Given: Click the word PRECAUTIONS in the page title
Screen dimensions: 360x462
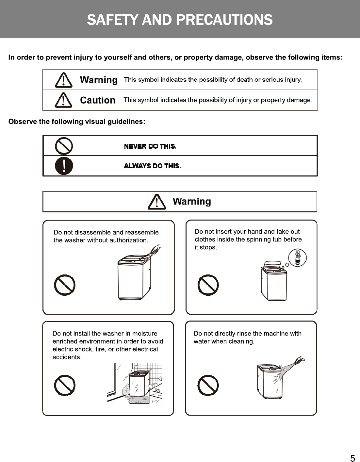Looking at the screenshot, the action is pyautogui.click(x=224, y=20).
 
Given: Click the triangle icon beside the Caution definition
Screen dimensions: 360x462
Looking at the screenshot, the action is pyautogui.click(x=63, y=100).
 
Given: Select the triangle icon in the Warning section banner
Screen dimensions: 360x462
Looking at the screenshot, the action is pyautogui.click(x=157, y=202).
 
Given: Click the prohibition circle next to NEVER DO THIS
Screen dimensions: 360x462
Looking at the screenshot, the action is pyautogui.click(x=64, y=146).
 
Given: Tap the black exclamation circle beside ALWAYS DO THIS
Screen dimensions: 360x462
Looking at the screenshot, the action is pyautogui.click(x=64, y=166).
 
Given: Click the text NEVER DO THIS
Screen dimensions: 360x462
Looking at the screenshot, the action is pyautogui.click(x=150, y=146).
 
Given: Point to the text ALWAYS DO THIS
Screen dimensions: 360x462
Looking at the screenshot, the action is pyautogui.click(x=152, y=166).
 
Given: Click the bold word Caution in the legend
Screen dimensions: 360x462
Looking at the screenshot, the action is pyautogui.click(x=98, y=100).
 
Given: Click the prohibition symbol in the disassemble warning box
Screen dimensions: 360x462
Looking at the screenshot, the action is pyautogui.click(x=65, y=285).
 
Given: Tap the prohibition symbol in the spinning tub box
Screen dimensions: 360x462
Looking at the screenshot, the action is pyautogui.click(x=208, y=285).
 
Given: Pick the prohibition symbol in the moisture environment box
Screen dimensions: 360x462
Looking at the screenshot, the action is pyautogui.click(x=65, y=385).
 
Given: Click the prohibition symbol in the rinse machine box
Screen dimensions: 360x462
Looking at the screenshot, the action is pyautogui.click(x=208, y=385).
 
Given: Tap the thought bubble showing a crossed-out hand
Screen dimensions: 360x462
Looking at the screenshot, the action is pyautogui.click(x=297, y=258).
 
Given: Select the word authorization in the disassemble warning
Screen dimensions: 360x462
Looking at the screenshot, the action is pyautogui.click(x=128, y=240).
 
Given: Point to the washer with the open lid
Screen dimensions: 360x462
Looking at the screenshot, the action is pyautogui.click(x=274, y=281).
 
